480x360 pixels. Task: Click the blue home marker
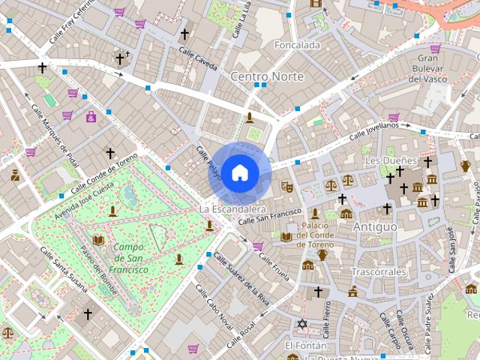(239, 172)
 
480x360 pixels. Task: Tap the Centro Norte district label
(267, 76)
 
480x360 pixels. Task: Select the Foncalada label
(297, 45)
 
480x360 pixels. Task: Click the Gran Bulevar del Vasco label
(432, 68)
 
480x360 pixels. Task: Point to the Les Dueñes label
(390, 160)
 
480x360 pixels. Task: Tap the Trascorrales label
(379, 271)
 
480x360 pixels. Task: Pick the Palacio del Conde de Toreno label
(323, 234)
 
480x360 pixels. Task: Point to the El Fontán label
(305, 346)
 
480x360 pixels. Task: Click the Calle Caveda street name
(198, 58)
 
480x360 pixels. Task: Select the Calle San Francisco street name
(269, 217)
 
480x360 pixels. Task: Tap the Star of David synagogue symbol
(302, 324)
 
